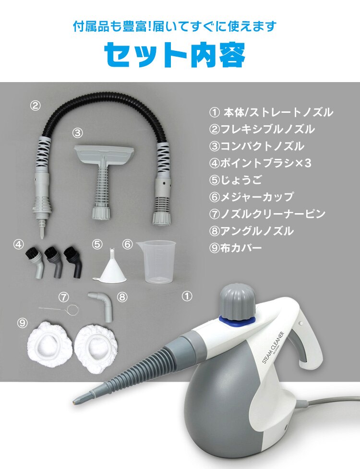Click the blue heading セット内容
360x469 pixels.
click(x=175, y=55)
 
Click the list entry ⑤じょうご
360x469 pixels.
click(x=232, y=180)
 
